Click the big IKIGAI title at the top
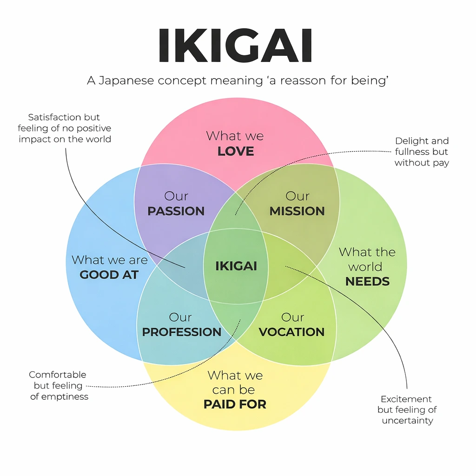(x=235, y=46)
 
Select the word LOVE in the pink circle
(x=236, y=151)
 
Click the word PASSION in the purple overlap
(x=176, y=211)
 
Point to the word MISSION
(x=297, y=211)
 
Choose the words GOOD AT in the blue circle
(x=109, y=275)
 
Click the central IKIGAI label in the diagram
(x=236, y=266)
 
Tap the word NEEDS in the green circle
(x=367, y=281)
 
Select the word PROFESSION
(x=182, y=332)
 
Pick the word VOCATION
(x=291, y=332)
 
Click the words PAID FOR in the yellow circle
(x=235, y=404)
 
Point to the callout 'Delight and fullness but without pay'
(x=422, y=152)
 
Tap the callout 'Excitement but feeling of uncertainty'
(x=407, y=410)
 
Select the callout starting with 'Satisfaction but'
(x=65, y=128)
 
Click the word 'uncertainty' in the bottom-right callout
(x=407, y=421)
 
